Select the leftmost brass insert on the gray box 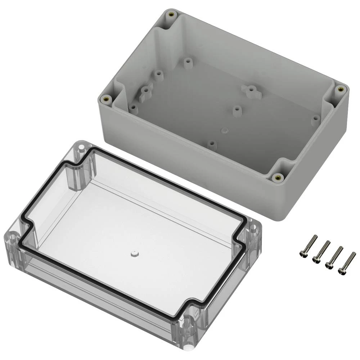(106, 99)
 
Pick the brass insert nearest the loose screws (278, 177)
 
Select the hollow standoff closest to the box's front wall (212, 145)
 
